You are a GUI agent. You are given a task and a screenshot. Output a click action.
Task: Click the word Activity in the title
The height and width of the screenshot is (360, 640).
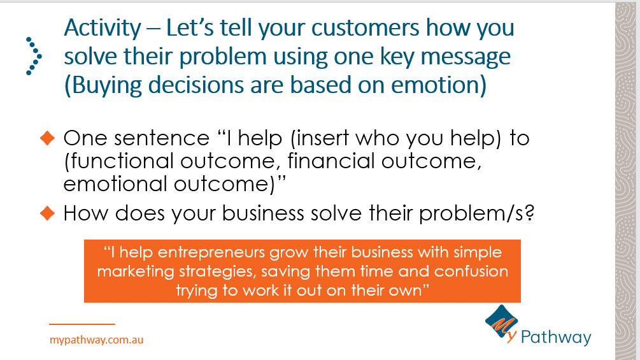click(103, 29)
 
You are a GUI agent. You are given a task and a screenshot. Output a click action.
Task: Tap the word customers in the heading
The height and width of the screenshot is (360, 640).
click(366, 28)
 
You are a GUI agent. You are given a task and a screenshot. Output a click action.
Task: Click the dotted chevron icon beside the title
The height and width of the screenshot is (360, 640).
click(34, 56)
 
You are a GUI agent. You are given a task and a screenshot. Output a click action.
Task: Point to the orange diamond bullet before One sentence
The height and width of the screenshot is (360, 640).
click(47, 138)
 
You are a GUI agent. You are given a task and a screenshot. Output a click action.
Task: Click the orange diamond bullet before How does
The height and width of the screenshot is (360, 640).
click(47, 213)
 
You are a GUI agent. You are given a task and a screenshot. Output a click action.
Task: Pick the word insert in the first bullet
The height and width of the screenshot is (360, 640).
click(323, 138)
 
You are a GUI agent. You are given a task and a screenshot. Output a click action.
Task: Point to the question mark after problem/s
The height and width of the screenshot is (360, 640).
click(529, 213)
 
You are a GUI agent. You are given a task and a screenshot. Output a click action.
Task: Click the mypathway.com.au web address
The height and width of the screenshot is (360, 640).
click(96, 340)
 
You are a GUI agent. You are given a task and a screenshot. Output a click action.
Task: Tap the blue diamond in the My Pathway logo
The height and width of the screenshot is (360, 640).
click(501, 322)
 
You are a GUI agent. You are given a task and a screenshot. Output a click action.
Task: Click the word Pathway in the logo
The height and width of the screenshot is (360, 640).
click(556, 338)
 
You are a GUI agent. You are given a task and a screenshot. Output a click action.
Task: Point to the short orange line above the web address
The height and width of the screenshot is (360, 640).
click(82, 324)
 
